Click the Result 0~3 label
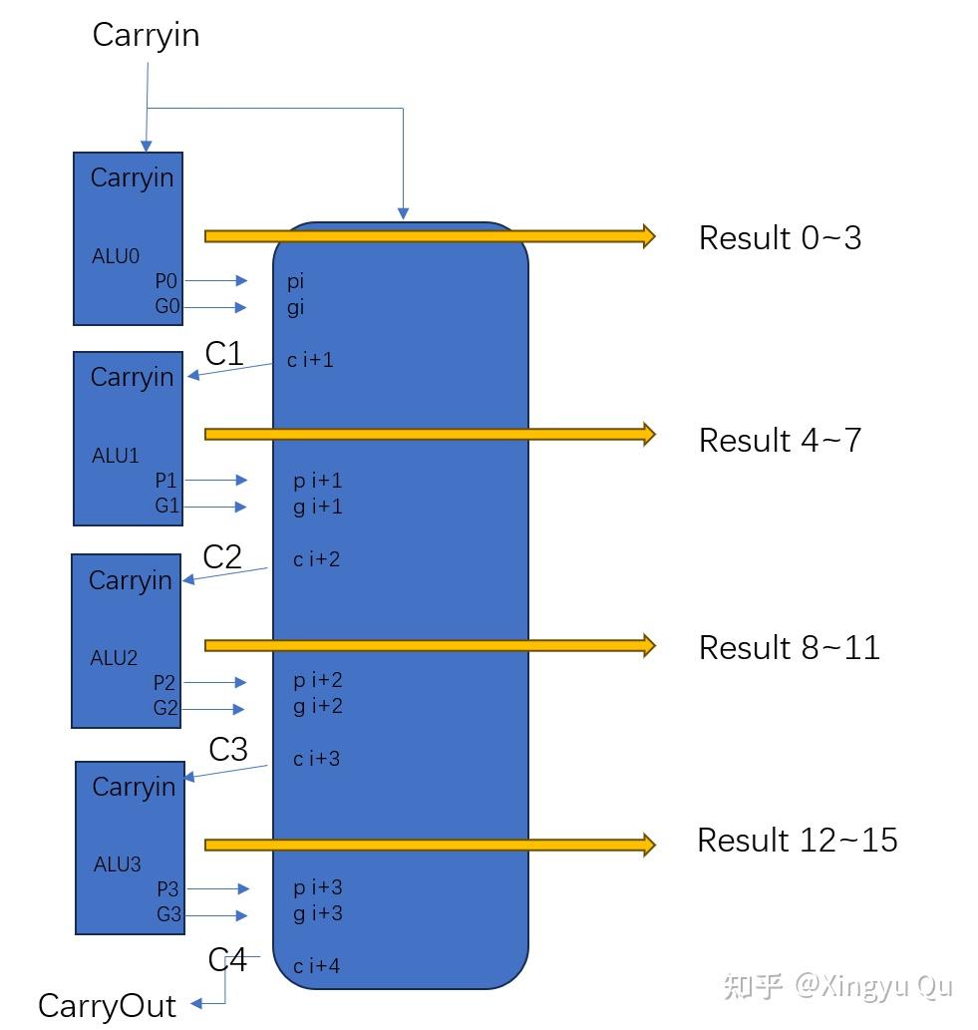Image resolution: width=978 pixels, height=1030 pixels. (780, 237)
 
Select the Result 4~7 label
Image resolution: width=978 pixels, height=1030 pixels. (780, 440)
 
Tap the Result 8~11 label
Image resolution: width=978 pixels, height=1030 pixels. (789, 648)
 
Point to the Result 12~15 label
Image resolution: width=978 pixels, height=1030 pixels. (798, 841)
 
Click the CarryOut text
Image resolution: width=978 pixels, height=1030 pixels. (107, 1006)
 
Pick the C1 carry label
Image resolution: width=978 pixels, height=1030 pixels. (224, 354)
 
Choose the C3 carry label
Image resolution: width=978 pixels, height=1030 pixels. (228, 750)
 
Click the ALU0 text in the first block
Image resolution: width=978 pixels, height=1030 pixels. (116, 255)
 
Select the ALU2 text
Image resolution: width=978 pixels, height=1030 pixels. (114, 657)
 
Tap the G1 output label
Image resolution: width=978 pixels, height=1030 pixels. (166, 506)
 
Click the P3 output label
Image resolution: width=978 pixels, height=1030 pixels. (167, 888)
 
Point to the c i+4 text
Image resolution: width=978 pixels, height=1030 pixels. (317, 965)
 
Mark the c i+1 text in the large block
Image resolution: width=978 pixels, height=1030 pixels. (310, 359)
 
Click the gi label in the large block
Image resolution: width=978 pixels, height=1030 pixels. (295, 308)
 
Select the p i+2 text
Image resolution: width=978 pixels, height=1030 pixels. (318, 681)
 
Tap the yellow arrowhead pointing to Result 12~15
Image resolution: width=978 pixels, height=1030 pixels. (649, 845)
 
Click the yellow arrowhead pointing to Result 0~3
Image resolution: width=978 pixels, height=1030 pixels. (649, 236)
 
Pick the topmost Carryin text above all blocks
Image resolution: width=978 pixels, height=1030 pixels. (146, 36)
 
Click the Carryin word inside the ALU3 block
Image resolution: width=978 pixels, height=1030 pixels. (134, 787)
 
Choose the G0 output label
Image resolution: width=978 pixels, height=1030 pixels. (166, 306)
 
